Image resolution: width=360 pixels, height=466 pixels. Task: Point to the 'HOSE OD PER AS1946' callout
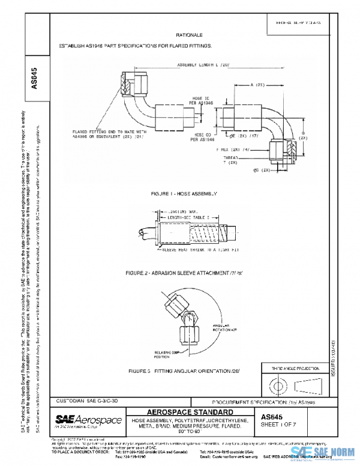point(205,139)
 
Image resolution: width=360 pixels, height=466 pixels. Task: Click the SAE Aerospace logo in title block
point(88,419)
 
